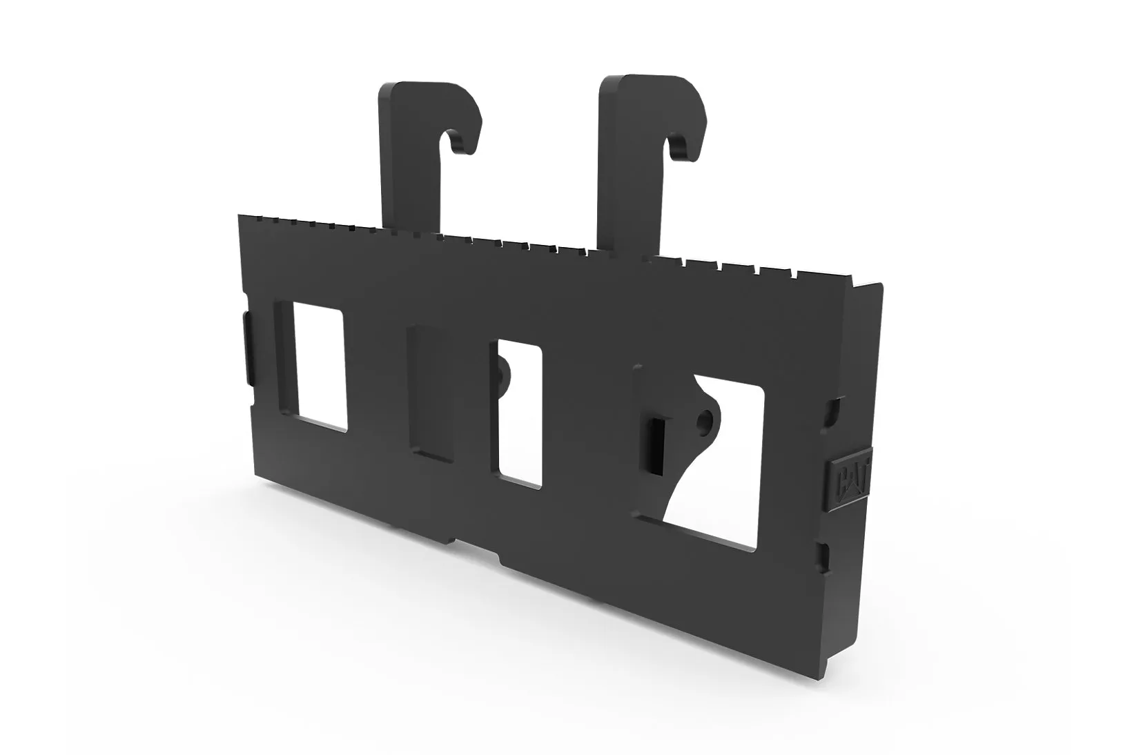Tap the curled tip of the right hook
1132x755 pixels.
[684, 146]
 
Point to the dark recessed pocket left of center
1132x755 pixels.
[431, 394]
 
